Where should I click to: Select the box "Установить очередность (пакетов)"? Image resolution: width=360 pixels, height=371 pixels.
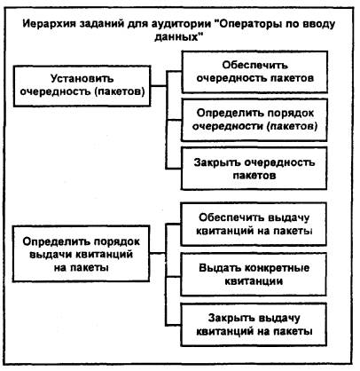pyautogui.click(x=82, y=86)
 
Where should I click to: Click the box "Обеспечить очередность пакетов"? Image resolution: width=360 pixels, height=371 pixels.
pyautogui.click(x=254, y=72)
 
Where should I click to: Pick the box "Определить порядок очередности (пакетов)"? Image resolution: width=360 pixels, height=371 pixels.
pyautogui.click(x=254, y=120)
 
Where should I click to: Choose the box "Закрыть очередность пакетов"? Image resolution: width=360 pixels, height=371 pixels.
pyautogui.click(x=254, y=169)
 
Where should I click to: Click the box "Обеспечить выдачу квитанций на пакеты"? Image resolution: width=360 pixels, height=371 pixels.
pyautogui.click(x=254, y=225)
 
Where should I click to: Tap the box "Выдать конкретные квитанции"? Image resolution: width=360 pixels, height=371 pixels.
pyautogui.click(x=254, y=274)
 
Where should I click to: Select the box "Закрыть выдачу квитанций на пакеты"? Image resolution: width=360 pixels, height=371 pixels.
pyautogui.click(x=254, y=325)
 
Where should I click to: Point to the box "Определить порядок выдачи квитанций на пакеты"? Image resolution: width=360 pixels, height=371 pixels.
pyautogui.click(x=81, y=254)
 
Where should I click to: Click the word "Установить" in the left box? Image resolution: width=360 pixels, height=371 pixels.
pyautogui.click(x=82, y=79)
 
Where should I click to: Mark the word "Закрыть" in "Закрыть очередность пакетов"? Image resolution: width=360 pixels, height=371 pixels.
pyautogui.click(x=216, y=162)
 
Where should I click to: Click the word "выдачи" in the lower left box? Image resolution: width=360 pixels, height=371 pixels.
pyautogui.click(x=50, y=255)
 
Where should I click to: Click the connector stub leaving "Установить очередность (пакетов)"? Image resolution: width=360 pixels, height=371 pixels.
pyautogui.click(x=159, y=86)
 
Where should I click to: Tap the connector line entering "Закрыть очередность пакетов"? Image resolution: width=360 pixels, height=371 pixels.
pyautogui.click(x=174, y=169)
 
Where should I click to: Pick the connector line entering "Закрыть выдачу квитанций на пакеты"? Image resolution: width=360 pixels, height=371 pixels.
pyautogui.click(x=173, y=325)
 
